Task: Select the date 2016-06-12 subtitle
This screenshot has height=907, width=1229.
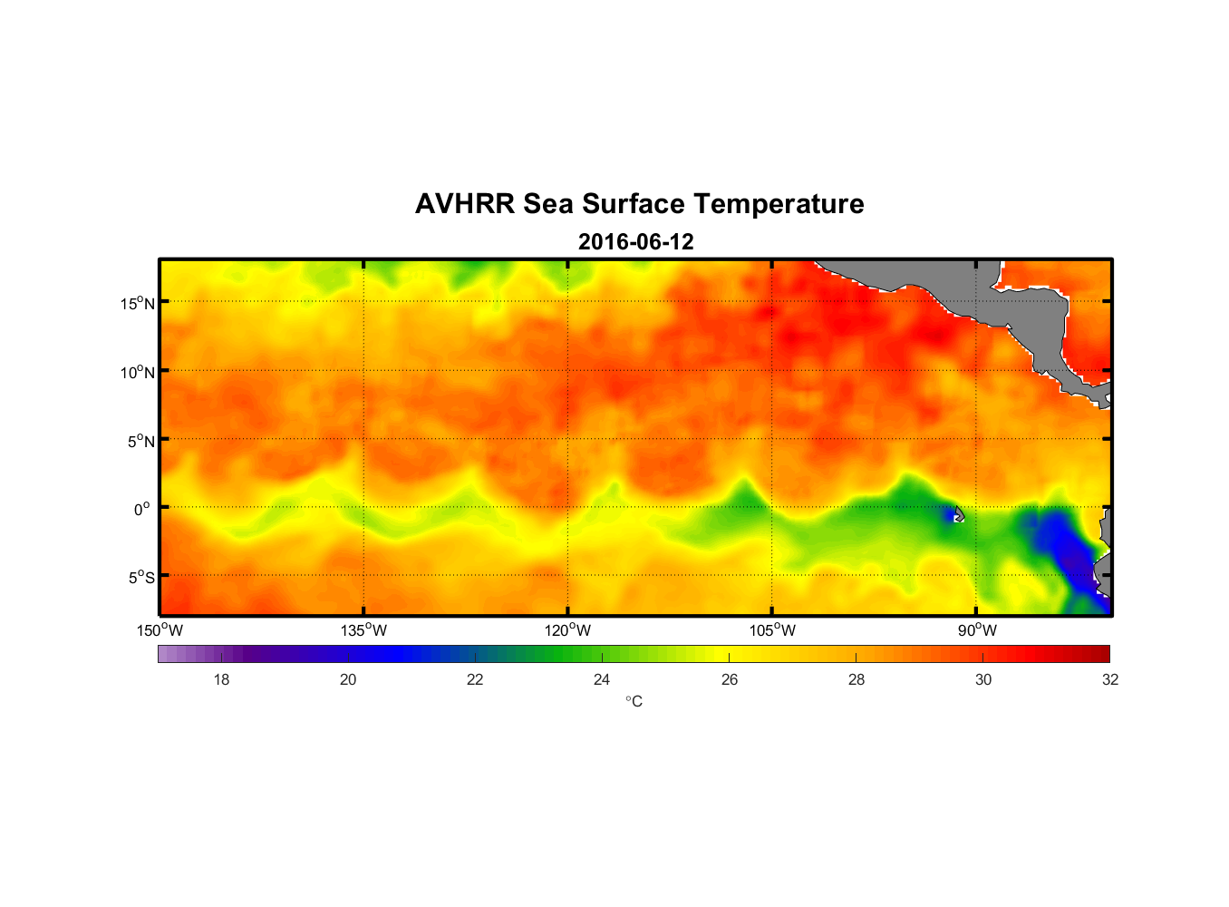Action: (635, 242)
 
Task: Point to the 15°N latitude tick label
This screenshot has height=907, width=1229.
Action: (137, 303)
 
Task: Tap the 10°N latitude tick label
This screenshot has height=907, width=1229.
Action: (137, 372)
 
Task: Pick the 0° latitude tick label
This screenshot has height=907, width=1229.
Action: (142, 509)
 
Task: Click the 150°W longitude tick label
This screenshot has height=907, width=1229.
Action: (160, 630)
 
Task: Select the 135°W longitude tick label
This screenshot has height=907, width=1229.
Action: (363, 630)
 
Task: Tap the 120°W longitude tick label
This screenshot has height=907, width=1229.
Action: (567, 630)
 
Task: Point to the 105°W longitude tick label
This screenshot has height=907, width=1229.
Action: (772, 630)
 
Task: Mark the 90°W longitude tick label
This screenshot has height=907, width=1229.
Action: (977, 630)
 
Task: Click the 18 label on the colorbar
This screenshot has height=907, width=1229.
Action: (221, 679)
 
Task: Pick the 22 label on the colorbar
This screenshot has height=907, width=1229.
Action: (475, 679)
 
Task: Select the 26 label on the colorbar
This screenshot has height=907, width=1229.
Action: (730, 679)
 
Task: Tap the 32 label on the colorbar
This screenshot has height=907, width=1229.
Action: (1110, 679)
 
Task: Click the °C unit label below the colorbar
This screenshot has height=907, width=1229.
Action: (634, 701)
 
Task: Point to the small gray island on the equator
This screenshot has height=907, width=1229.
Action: (959, 514)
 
